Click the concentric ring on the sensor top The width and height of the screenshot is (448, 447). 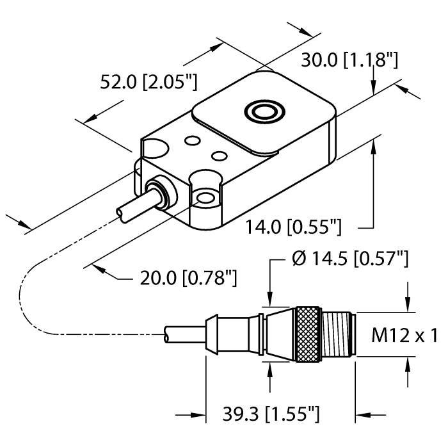263,113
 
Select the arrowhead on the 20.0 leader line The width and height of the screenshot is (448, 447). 100,270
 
